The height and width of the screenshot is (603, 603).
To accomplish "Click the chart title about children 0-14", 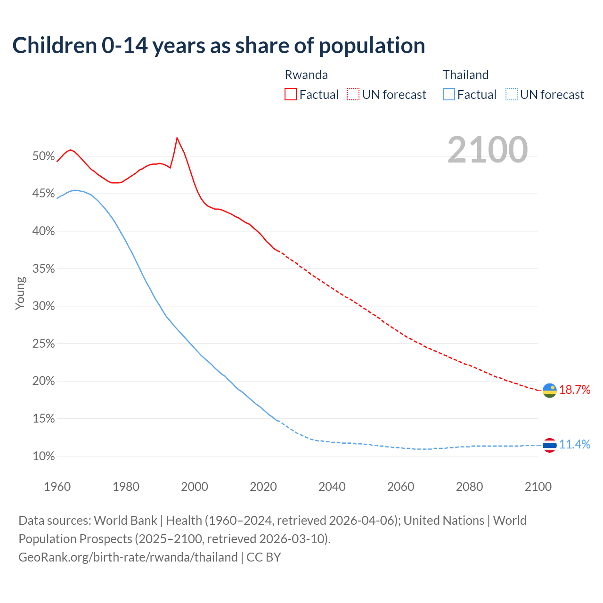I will coord(219,46).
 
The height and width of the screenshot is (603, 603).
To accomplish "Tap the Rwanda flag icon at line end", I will coord(549,390).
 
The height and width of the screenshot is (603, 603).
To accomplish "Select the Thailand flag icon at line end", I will coord(549,445).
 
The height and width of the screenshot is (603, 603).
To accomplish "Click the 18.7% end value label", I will coord(574,390).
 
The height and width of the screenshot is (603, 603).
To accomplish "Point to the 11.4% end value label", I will coord(574,444).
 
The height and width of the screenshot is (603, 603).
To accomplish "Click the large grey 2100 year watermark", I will coord(487,150).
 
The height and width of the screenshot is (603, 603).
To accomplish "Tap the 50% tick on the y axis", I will coord(44,156).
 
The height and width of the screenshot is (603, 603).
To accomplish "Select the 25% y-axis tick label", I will coord(44,344).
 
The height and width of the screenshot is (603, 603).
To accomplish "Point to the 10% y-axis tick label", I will coord(44,456).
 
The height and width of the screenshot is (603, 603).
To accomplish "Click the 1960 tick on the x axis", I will coord(57,487).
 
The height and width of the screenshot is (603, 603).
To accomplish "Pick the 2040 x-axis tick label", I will coord(332,487).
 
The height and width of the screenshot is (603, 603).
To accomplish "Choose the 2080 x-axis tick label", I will coord(469,487).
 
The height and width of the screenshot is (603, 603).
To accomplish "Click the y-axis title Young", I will coord(20,293).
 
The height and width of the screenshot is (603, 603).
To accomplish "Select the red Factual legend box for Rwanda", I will coord(291,95).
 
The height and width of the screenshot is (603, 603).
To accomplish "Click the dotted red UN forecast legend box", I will coord(353,95).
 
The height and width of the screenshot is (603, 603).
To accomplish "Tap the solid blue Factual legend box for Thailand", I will coord(448,95).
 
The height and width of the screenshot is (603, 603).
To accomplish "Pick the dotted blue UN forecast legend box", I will coord(511,95).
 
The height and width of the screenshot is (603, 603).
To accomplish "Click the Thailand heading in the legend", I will coord(465,75).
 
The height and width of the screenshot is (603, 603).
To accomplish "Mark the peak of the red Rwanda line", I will coord(177,138).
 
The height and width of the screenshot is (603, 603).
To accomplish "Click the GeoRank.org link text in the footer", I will coord(128,557).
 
